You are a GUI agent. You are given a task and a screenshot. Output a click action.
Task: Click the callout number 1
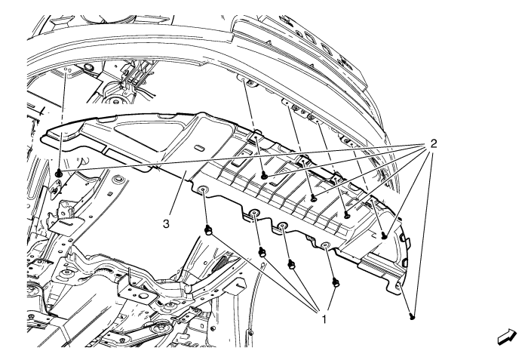tap(324, 319)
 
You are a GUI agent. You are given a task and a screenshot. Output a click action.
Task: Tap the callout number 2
tap(433, 144)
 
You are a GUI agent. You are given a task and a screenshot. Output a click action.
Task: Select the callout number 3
tap(166, 223)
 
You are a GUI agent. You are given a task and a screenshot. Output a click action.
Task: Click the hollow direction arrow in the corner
tap(507, 337)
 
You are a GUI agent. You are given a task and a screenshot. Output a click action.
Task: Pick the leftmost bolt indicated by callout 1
tap(208, 230)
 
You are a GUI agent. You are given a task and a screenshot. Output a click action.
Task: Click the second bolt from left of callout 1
tap(262, 252)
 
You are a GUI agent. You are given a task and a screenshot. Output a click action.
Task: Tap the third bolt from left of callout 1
tap(292, 265)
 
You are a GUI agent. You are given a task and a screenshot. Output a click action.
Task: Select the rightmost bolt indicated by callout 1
tap(336, 282)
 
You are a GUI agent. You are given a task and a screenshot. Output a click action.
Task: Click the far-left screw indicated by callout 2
tap(59, 174)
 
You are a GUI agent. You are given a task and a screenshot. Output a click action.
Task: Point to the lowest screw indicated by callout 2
tap(412, 316)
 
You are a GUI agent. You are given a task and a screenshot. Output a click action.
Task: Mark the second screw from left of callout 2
tap(265, 175)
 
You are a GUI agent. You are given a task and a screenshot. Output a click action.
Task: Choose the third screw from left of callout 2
tap(314, 198)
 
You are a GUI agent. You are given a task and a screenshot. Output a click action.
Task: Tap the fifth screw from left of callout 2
tap(384, 237)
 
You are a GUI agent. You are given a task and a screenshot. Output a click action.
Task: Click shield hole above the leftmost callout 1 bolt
tap(203, 189)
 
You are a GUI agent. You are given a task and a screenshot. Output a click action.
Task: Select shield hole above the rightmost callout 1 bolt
tap(325, 245)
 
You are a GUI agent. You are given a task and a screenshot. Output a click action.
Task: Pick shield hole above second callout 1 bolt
tap(254, 212)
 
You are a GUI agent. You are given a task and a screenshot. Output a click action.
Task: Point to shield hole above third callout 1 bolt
tap(283, 225)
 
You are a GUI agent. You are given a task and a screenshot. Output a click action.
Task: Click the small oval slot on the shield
tap(198, 148)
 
